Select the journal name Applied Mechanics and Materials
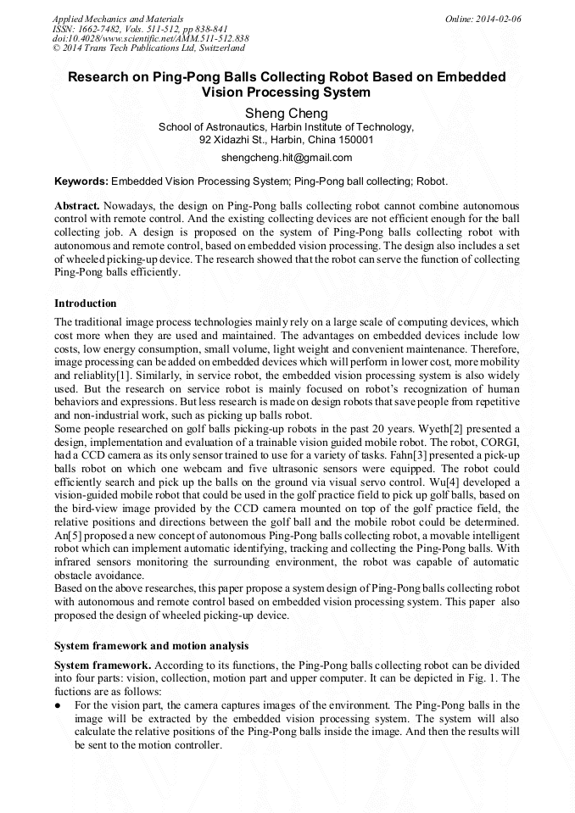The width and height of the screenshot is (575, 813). (x=118, y=19)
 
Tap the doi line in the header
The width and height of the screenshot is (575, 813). (x=151, y=39)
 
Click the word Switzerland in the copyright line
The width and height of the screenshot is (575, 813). (x=215, y=49)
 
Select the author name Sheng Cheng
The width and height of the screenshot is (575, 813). (x=287, y=113)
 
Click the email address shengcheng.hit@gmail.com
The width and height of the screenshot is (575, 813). (x=287, y=158)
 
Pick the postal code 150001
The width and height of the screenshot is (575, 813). (x=354, y=140)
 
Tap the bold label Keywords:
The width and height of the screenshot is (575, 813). (x=81, y=181)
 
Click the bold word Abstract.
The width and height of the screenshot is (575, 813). (x=76, y=206)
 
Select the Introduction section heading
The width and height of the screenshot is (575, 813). (x=86, y=303)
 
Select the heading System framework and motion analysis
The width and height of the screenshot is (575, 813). (x=151, y=646)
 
